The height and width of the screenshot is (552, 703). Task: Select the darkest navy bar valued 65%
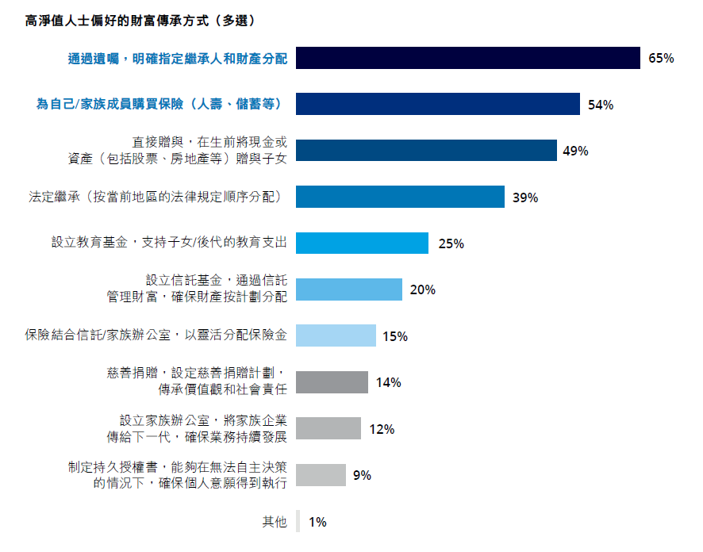(x=468, y=58)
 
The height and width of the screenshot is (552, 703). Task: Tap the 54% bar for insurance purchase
(x=438, y=104)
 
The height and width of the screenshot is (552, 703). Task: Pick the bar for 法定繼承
(x=400, y=197)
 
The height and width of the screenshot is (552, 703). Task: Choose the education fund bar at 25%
(x=362, y=243)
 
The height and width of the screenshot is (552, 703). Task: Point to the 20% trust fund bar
(x=349, y=289)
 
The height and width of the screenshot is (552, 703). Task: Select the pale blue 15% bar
(x=336, y=335)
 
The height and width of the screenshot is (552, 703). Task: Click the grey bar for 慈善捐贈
(x=332, y=382)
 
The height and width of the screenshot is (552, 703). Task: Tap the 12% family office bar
(x=328, y=428)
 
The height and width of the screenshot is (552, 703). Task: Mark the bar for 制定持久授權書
(x=321, y=475)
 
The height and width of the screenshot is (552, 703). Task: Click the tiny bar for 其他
(x=298, y=521)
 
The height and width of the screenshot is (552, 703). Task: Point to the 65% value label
(x=661, y=58)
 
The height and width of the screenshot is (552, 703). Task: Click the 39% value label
(x=525, y=197)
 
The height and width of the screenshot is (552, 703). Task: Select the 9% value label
(x=362, y=475)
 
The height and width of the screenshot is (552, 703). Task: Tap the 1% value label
(x=317, y=522)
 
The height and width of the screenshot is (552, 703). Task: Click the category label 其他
(x=275, y=522)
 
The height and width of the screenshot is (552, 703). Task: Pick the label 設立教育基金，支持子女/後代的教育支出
(x=169, y=243)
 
